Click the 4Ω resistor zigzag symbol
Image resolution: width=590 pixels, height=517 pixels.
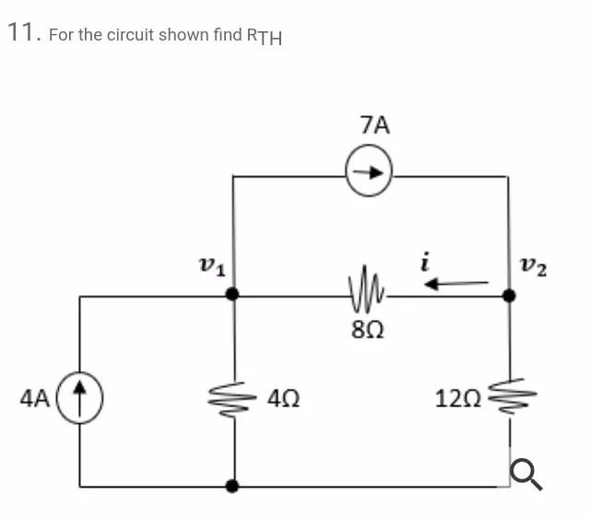pyautogui.click(x=234, y=400)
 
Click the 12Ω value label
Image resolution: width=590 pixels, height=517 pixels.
pyautogui.click(x=459, y=400)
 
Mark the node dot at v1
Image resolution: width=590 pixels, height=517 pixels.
pyautogui.click(x=234, y=295)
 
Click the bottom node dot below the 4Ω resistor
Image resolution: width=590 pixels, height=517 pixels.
pyautogui.click(x=234, y=485)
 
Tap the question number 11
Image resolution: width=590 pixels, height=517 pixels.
pyautogui.click(x=23, y=33)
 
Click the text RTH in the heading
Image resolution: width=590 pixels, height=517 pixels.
pyautogui.click(x=264, y=36)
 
